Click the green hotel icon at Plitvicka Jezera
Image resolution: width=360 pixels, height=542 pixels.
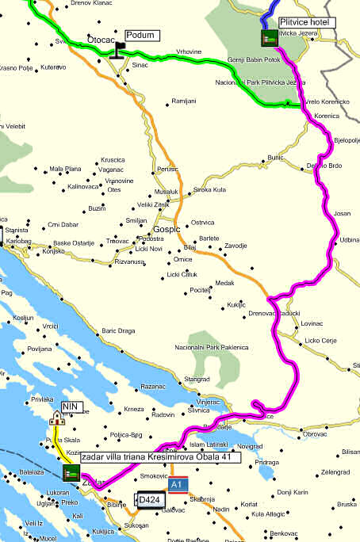(x=270, y=37)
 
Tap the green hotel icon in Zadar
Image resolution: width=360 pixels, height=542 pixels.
(x=70, y=473)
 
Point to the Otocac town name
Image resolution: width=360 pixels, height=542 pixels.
(x=102, y=37)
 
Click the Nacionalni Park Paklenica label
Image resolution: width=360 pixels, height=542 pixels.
(x=212, y=347)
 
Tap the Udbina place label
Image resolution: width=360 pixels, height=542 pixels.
(x=350, y=239)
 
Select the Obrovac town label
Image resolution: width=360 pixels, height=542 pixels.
(x=315, y=433)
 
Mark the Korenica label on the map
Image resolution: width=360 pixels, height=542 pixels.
(x=326, y=116)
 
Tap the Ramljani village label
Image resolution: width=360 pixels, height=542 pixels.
(x=184, y=101)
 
